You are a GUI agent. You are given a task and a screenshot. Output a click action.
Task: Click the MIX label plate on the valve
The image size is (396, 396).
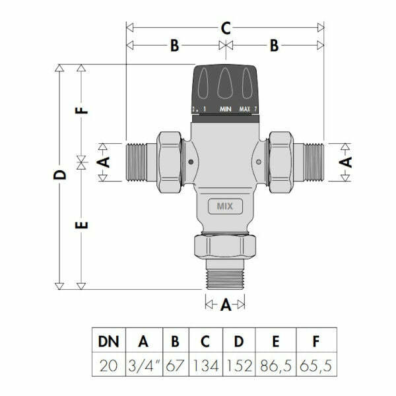225,207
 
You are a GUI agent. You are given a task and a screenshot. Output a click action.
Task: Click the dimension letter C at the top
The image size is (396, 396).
225,28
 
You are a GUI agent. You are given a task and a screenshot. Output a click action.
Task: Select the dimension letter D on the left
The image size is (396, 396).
60,176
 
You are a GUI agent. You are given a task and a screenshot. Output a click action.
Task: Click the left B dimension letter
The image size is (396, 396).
174,46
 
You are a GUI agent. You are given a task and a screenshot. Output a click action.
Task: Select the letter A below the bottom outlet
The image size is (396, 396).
225,304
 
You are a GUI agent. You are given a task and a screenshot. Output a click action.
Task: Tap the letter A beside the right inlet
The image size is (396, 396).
346,160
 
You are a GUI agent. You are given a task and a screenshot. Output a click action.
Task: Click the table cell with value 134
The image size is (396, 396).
205,365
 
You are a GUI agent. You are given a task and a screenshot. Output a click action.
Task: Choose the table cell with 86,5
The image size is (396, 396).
277,365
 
